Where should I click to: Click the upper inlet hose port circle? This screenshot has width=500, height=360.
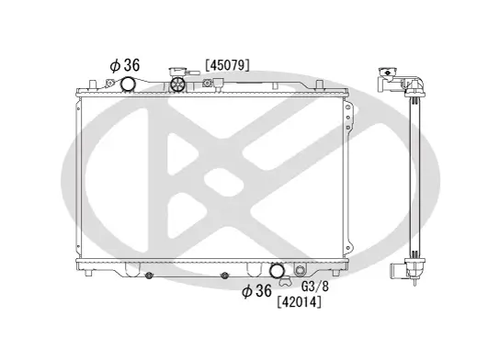128,85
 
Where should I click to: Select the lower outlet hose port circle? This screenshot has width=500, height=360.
277,271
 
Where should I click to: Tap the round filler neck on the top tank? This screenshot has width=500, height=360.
178,86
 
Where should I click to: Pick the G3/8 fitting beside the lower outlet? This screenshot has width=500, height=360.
299,271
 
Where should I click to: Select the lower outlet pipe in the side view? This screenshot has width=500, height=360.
396,271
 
